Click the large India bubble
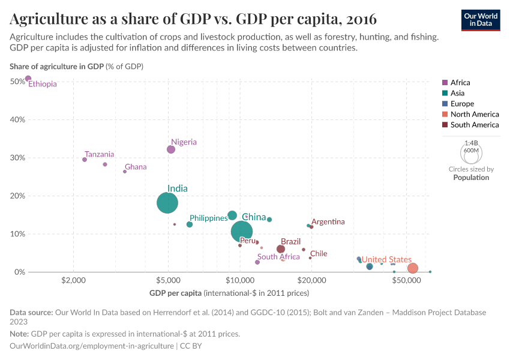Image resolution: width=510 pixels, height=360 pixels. (167, 203)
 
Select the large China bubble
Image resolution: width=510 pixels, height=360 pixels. (242, 231)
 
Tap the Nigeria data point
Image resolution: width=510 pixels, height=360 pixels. (171, 149)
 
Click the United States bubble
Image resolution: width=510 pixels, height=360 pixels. (412, 268)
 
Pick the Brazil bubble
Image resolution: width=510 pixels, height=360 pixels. (281, 249)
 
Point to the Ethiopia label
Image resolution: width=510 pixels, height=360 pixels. (43, 84)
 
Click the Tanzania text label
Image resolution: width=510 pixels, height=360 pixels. (99, 154)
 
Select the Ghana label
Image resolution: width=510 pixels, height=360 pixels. (136, 167)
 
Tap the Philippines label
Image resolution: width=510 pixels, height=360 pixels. (208, 218)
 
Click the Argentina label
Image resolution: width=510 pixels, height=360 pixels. (328, 221)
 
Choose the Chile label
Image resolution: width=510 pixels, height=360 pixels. (319, 253)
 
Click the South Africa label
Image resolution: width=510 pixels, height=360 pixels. (278, 257)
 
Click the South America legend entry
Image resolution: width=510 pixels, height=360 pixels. (474, 125)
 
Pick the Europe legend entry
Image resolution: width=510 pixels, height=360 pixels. (462, 104)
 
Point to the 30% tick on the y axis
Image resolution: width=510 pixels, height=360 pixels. (17, 158)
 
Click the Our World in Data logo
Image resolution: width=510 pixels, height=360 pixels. (480, 19)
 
